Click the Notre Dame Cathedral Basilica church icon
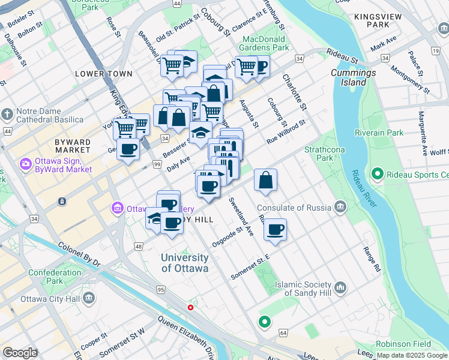click(x=7, y=113)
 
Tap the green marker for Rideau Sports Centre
click(x=377, y=175)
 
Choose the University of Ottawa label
click(x=184, y=263)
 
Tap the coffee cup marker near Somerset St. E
click(x=275, y=229)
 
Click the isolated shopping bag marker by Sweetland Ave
click(x=265, y=179)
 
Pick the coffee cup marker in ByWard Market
click(x=128, y=149)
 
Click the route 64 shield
click(x=283, y=331)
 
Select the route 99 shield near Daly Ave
click(x=157, y=164)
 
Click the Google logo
click(x=20, y=353)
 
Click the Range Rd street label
click(x=372, y=259)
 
